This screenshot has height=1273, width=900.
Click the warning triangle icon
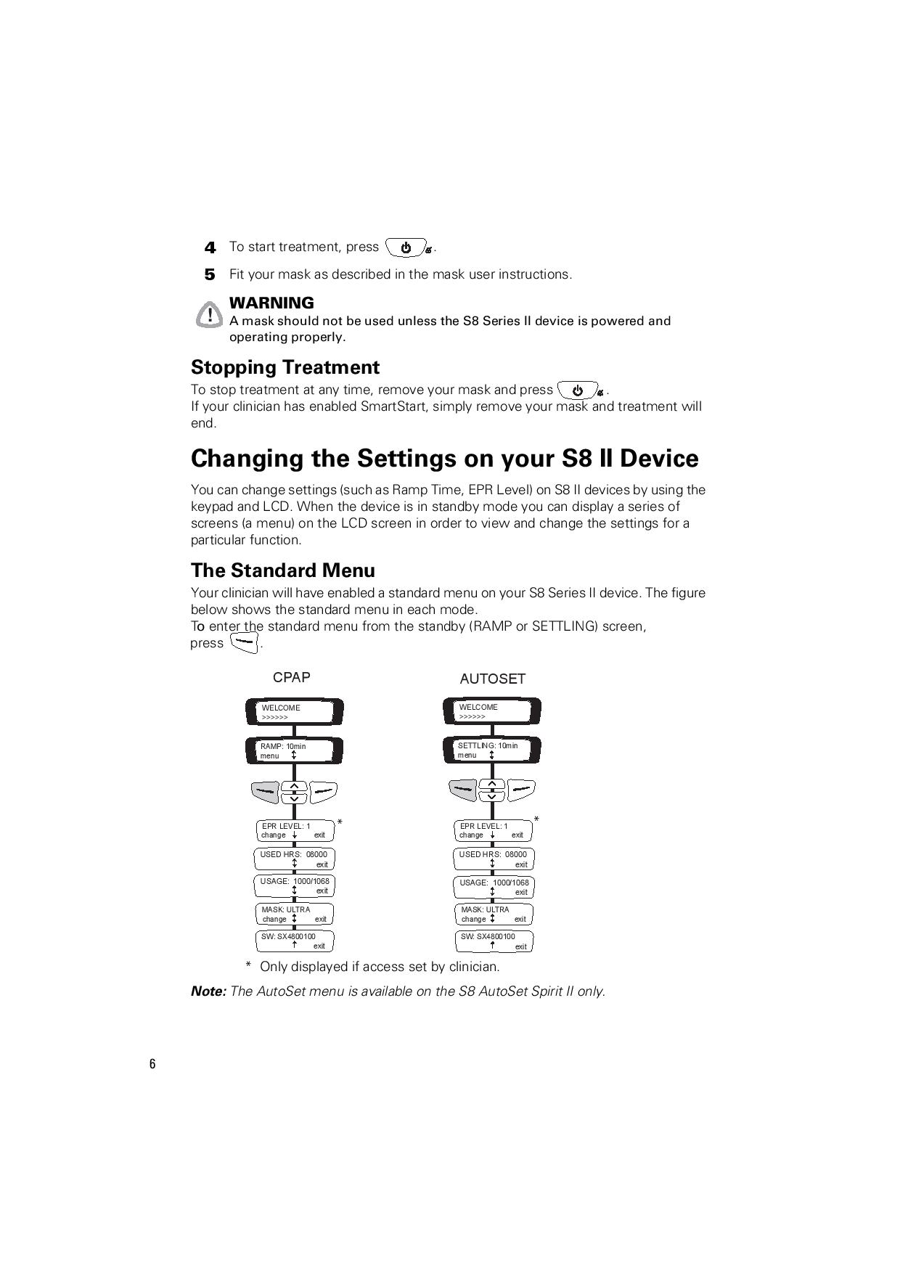click(209, 314)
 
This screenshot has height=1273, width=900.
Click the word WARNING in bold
click(271, 303)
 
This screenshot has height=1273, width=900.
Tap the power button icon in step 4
click(406, 247)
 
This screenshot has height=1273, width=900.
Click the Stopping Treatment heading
click(285, 367)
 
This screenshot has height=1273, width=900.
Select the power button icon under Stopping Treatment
click(578, 390)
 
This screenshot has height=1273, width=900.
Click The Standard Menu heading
click(282, 570)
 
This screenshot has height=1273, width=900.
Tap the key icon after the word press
click(244, 643)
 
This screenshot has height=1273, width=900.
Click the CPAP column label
click(291, 677)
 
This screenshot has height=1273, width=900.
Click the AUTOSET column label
click(492, 679)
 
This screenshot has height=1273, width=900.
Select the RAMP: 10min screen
click(294, 750)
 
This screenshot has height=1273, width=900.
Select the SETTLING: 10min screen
click(492, 750)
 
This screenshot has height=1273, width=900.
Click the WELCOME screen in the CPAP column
click(294, 712)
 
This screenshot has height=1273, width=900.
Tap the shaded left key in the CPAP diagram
click(265, 790)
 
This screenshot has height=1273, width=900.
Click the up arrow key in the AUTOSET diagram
click(492, 785)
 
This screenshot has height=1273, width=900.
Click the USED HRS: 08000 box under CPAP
click(294, 859)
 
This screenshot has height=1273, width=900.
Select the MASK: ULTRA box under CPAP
click(294, 914)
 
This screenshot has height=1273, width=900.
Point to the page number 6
click(152, 1065)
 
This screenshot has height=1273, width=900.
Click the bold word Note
click(208, 991)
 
